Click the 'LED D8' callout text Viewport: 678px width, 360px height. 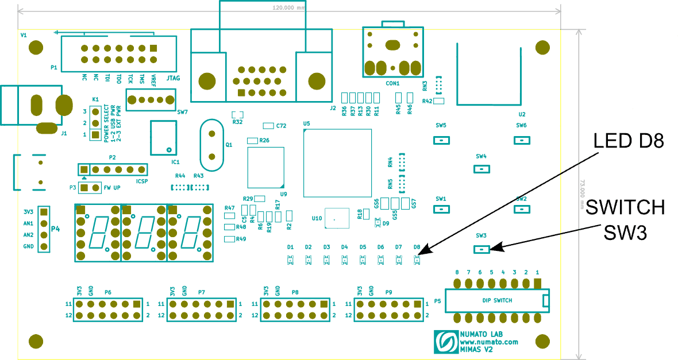pyautogui.click(x=628, y=141)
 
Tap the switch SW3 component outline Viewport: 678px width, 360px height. pyautogui.click(x=481, y=249)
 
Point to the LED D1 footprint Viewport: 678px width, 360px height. pyautogui.click(x=291, y=260)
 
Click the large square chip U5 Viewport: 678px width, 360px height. pyautogui.click(x=338, y=163)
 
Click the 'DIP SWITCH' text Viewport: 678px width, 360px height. pyautogui.click(x=497, y=300)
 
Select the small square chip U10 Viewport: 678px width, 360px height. pyautogui.click(x=337, y=219)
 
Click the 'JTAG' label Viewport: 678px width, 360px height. pyautogui.click(x=172, y=76)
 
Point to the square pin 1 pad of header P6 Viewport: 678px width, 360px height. pyautogui.click(x=137, y=304)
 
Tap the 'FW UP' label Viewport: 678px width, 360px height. pyautogui.click(x=113, y=188)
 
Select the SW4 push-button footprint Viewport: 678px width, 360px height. pyautogui.click(x=481, y=169)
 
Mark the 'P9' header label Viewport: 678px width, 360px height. pyautogui.click(x=389, y=292)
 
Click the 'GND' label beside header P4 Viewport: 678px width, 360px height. pyautogui.click(x=28, y=246)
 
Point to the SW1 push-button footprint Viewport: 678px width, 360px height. pyautogui.click(x=441, y=209)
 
